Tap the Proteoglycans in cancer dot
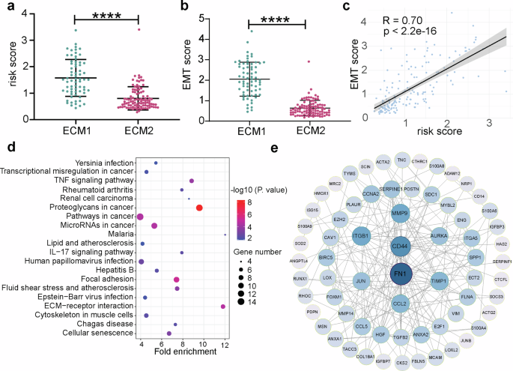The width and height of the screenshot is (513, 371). [x=199, y=208]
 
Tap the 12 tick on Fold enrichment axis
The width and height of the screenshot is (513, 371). [x=223, y=341]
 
